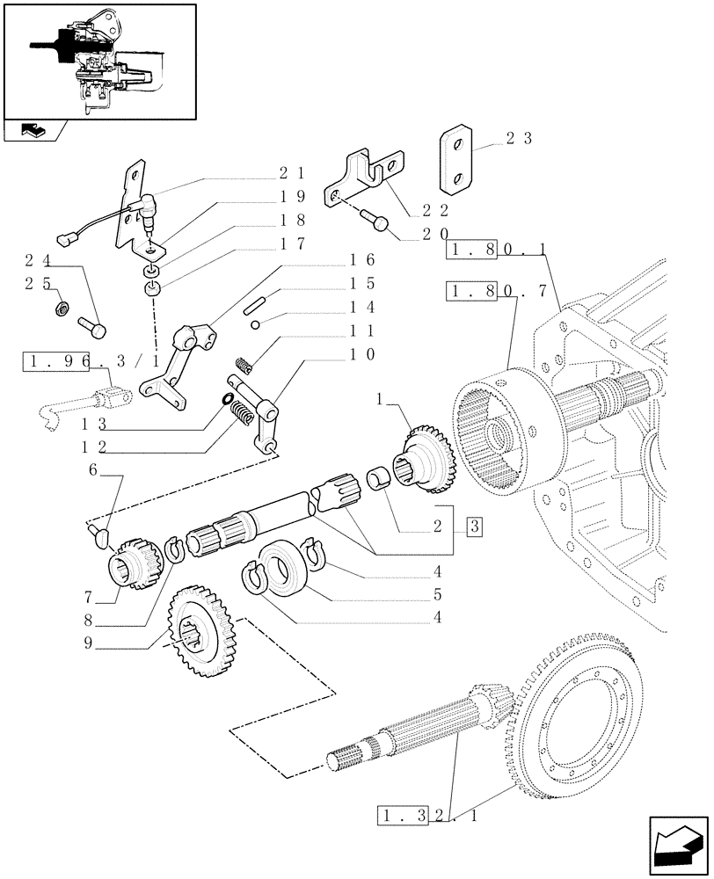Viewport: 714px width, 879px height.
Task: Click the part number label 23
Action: (516, 138)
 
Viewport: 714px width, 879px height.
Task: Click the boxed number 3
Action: (476, 527)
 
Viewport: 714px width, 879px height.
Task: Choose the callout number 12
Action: (99, 447)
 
